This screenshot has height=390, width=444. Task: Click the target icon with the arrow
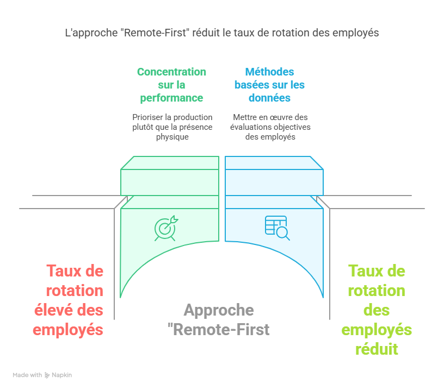click(x=165, y=229)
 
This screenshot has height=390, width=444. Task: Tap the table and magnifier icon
click(x=277, y=228)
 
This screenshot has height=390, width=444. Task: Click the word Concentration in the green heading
click(x=171, y=72)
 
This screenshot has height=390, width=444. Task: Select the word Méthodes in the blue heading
click(x=269, y=72)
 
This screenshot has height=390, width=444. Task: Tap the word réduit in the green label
click(x=377, y=349)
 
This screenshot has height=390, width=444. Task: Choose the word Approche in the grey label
click(x=219, y=310)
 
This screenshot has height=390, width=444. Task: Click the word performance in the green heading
click(x=171, y=98)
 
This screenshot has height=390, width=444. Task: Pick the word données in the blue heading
click(x=269, y=98)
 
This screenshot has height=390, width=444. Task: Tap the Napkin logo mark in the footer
click(x=47, y=375)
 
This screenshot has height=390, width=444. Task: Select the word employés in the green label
click(x=377, y=329)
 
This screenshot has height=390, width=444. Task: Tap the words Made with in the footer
click(x=27, y=375)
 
